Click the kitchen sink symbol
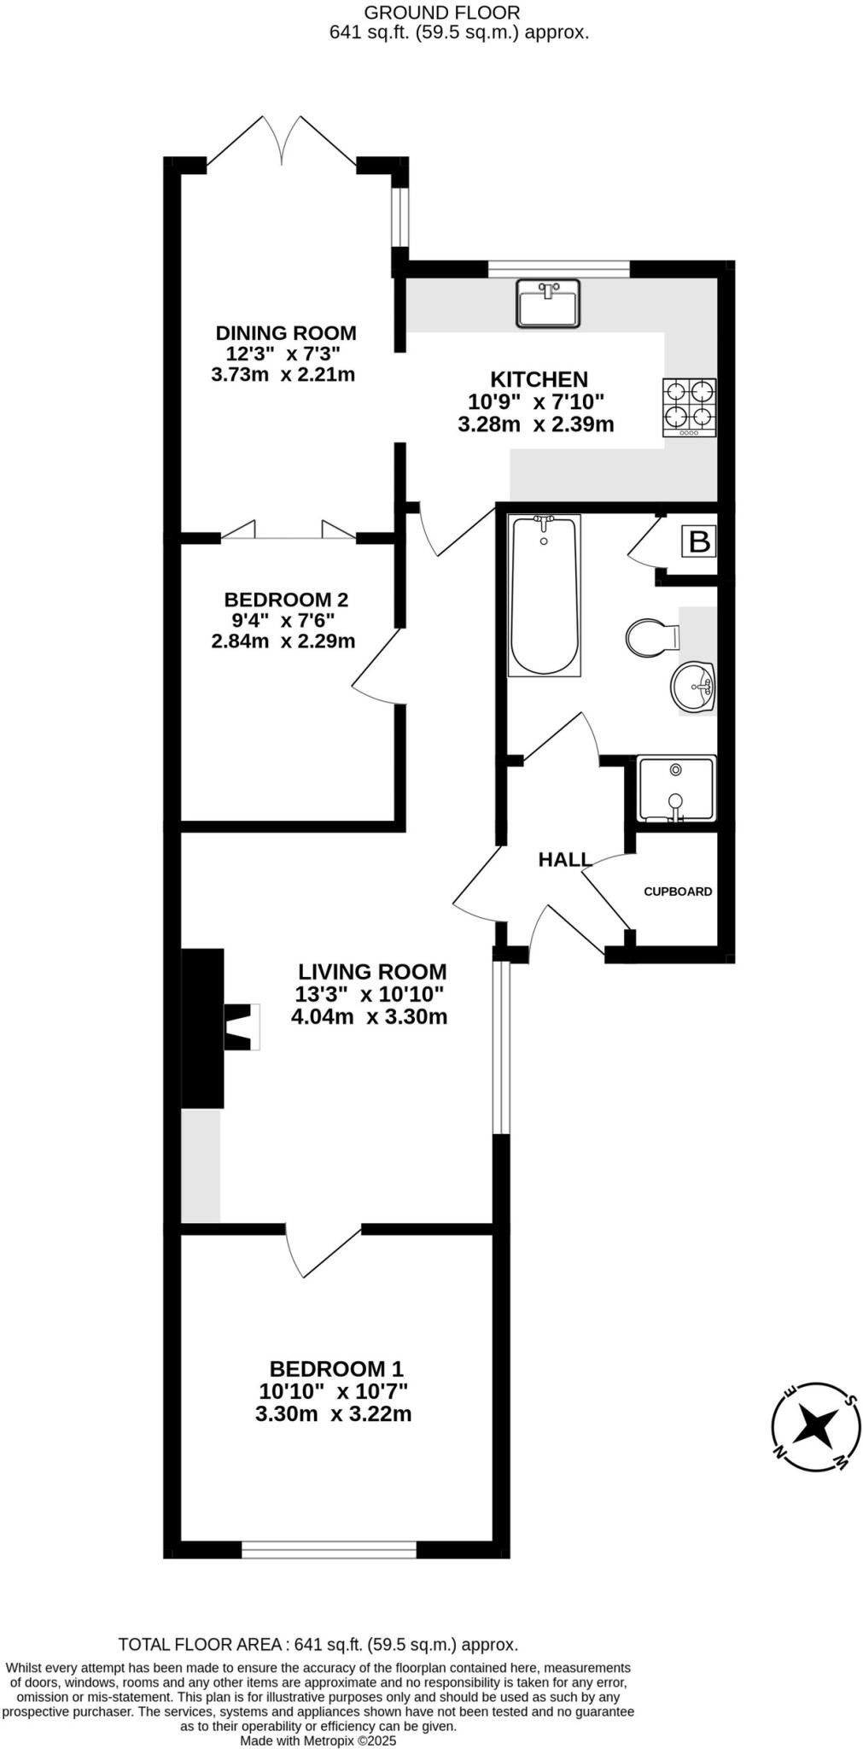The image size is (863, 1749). tap(547, 303)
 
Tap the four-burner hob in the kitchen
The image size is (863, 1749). tap(689, 407)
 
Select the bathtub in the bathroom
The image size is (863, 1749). tap(545, 594)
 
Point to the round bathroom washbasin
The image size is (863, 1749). tap(692, 686)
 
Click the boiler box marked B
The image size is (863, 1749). tap(698, 541)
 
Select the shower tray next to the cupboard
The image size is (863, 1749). tap(676, 788)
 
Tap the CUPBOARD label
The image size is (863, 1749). tap(677, 892)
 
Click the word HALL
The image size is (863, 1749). tap(564, 859)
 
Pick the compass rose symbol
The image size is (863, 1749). tap(815, 1426)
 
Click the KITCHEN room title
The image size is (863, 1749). tap(538, 378)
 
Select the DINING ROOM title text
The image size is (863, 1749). tap(285, 333)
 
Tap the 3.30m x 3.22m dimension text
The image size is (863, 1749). tap(333, 1413)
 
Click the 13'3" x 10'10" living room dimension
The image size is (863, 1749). tap(370, 994)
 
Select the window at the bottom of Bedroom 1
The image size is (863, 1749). tap(329, 1549)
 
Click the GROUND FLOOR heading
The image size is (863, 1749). tap(441, 13)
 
